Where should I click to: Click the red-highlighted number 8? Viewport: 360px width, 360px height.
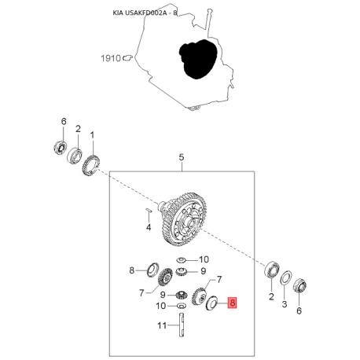(x=233, y=303)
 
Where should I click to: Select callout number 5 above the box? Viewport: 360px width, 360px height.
(x=182, y=157)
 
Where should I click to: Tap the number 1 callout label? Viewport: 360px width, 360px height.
(x=92, y=135)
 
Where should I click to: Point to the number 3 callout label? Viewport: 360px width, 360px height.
(x=285, y=304)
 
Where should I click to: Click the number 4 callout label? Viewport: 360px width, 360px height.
(x=149, y=227)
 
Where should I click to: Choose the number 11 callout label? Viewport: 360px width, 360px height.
(x=162, y=325)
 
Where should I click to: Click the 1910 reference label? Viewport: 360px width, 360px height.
(x=111, y=58)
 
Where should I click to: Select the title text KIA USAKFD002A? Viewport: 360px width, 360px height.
(x=140, y=13)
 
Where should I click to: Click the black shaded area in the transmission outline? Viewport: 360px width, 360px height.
(x=198, y=59)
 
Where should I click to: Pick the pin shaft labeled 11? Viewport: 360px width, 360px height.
(x=182, y=325)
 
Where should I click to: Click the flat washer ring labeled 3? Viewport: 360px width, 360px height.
(x=286, y=278)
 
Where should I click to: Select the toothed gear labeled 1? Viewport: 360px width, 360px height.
(x=90, y=166)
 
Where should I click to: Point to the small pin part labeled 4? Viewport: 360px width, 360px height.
(x=149, y=209)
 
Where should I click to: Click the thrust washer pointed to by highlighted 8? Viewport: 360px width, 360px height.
(x=211, y=303)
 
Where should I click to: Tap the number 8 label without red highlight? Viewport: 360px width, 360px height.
(x=132, y=270)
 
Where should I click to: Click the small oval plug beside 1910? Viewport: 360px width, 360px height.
(x=127, y=57)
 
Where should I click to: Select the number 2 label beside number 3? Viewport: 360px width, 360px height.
(x=271, y=296)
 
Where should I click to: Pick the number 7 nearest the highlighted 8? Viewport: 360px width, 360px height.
(x=219, y=280)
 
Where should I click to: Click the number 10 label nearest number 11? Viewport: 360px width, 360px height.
(x=161, y=306)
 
